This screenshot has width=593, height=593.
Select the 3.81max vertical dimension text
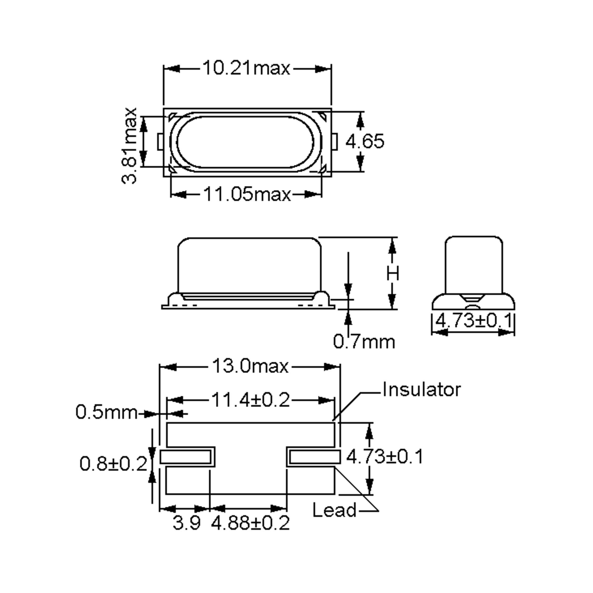(x=129, y=146)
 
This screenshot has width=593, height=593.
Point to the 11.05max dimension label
(x=247, y=194)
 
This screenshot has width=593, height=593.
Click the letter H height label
(x=393, y=274)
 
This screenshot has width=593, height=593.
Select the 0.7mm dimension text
(x=364, y=342)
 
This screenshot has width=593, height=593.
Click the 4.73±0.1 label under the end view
(x=474, y=321)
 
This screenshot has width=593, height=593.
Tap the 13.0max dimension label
(x=250, y=366)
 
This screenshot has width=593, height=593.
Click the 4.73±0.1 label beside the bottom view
(x=385, y=456)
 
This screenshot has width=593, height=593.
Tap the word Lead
(x=334, y=510)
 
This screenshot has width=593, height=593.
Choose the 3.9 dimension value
(x=186, y=523)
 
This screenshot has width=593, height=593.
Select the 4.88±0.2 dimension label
(x=250, y=523)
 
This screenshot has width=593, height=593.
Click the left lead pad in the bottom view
(x=186, y=457)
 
